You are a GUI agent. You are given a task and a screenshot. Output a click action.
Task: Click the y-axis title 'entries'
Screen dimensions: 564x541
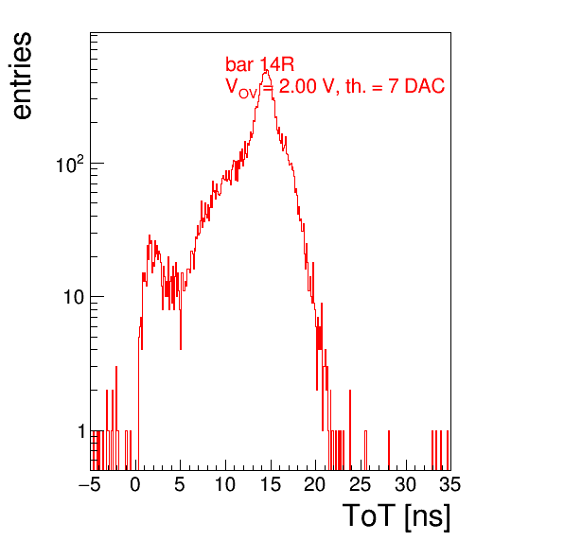point(23,76)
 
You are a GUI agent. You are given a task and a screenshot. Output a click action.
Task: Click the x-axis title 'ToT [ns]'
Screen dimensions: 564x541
point(396,516)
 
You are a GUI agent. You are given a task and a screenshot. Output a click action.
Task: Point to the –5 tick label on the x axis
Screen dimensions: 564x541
point(90,484)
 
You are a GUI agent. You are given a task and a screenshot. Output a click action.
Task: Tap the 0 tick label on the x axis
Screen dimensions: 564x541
point(135,484)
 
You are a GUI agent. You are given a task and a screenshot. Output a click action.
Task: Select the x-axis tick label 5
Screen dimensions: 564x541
point(180,484)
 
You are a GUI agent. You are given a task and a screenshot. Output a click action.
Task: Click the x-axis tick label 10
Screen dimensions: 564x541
point(225,484)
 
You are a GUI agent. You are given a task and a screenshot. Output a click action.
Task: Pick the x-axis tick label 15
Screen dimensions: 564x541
point(270,484)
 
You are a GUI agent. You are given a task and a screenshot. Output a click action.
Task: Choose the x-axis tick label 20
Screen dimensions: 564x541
point(315,484)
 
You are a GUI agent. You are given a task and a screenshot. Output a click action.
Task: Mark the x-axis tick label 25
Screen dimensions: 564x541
point(360,484)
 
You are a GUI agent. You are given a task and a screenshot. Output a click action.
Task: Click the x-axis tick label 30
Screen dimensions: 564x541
point(405,484)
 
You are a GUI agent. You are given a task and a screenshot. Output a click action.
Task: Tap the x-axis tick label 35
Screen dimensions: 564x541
point(450,484)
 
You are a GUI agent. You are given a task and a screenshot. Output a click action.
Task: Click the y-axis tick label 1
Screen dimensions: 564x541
point(81,431)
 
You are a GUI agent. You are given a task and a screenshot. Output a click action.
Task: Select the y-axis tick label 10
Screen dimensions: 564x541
point(74,297)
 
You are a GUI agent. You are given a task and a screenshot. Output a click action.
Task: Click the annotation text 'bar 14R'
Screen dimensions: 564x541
point(259,64)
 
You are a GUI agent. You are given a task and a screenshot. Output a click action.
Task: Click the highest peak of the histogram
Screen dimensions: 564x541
point(266,71)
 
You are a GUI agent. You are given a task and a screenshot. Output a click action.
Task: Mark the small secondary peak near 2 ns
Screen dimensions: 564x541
point(150,237)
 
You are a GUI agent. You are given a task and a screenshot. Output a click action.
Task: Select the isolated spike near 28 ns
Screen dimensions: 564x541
point(389,450)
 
